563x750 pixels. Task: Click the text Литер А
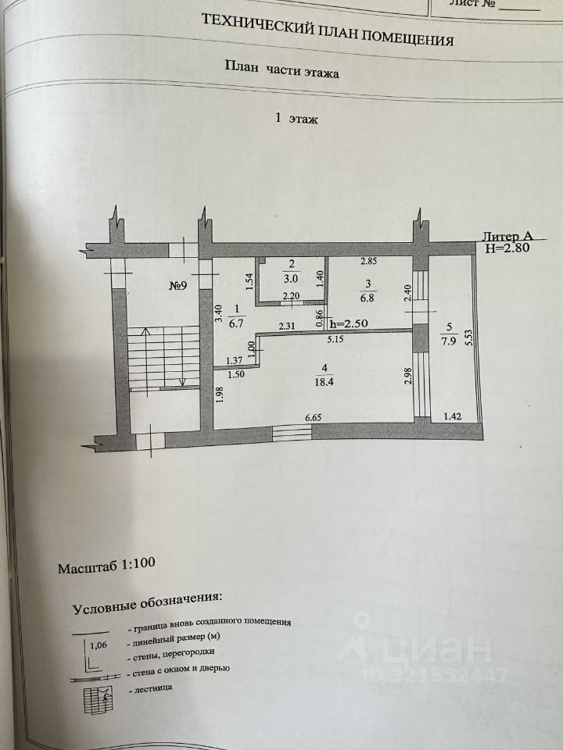(x=508, y=236)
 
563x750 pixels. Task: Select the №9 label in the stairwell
(x=183, y=285)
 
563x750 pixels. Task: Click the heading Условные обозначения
(x=147, y=602)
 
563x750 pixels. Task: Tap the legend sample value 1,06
(x=99, y=645)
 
